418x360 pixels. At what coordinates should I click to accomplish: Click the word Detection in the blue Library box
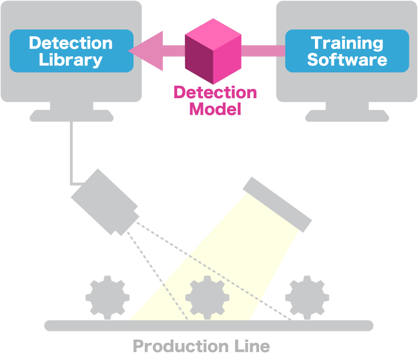click(71, 43)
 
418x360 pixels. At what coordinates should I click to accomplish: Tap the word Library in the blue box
click(71, 60)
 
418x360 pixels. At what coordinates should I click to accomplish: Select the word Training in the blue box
click(347, 43)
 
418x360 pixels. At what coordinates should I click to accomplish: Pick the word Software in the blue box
click(347, 60)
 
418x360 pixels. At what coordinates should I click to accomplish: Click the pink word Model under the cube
click(215, 109)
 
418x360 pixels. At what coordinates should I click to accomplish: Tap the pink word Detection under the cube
click(215, 93)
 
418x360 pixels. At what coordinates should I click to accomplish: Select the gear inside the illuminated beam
click(207, 297)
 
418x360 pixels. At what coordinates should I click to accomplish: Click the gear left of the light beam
click(107, 297)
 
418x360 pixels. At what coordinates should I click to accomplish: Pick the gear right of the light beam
click(307, 297)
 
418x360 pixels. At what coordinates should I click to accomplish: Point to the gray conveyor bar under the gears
click(209, 325)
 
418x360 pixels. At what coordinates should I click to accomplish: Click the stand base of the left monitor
click(72, 116)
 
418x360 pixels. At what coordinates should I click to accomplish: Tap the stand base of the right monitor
click(347, 116)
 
